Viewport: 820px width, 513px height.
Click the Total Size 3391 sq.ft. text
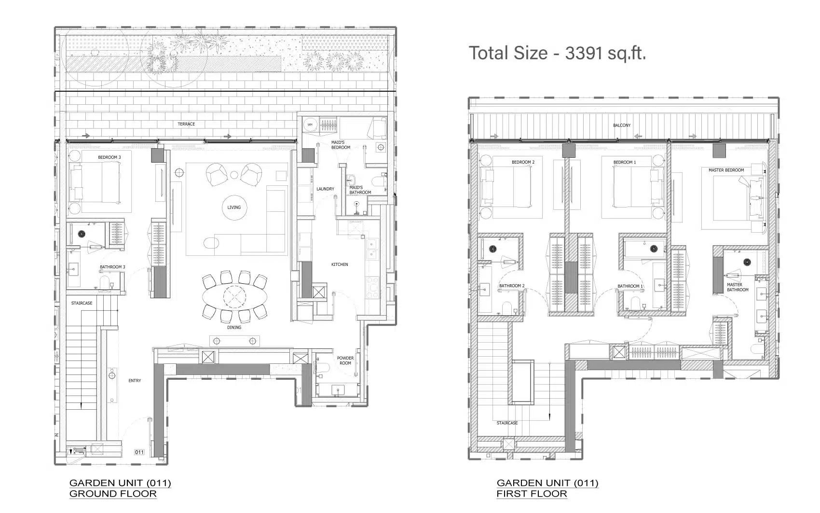(557, 54)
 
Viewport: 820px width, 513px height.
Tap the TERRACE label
(186, 124)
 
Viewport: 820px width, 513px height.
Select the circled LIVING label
(234, 207)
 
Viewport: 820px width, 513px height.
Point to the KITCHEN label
(340, 264)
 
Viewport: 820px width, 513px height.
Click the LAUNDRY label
(325, 189)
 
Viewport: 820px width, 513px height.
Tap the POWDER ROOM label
(345, 360)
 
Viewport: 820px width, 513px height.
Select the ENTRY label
(135, 381)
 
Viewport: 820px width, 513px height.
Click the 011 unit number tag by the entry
(139, 452)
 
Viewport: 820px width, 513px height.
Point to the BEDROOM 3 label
(109, 157)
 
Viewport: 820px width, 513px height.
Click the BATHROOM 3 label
(112, 267)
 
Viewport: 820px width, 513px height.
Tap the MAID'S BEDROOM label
(341, 145)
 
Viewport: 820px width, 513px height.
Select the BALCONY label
(622, 125)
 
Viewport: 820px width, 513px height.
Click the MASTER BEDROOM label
(726, 170)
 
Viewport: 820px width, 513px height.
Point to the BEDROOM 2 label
(523, 162)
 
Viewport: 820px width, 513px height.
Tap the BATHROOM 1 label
(630, 286)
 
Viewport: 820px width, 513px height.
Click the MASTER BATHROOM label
(737, 288)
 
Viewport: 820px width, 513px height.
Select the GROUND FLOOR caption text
(113, 494)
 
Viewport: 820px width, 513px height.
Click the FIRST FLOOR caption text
(532, 494)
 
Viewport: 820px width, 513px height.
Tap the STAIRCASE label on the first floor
(507, 423)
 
